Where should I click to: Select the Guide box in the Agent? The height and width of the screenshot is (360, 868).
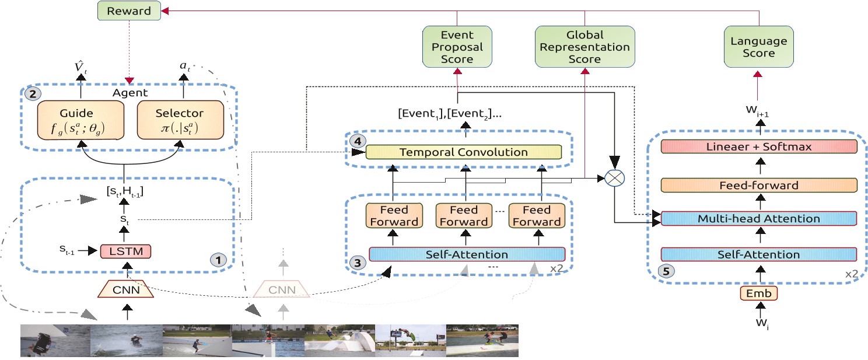(80, 120)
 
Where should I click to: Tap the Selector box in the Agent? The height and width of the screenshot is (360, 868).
(180, 120)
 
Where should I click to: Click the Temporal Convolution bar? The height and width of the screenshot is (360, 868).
(463, 152)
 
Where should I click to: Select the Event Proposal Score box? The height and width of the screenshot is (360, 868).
(457, 46)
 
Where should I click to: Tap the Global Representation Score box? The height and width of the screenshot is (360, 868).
(584, 46)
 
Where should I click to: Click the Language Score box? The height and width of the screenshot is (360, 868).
(758, 46)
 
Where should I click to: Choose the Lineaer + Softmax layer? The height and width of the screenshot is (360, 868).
(759, 146)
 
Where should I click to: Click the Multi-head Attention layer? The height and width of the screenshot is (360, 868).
(759, 219)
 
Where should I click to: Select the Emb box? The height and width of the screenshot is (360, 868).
(759, 293)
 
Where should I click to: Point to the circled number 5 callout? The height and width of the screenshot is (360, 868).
(664, 271)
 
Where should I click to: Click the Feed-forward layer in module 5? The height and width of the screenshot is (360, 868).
(759, 185)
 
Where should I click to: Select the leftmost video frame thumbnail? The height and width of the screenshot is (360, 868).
(55, 341)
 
